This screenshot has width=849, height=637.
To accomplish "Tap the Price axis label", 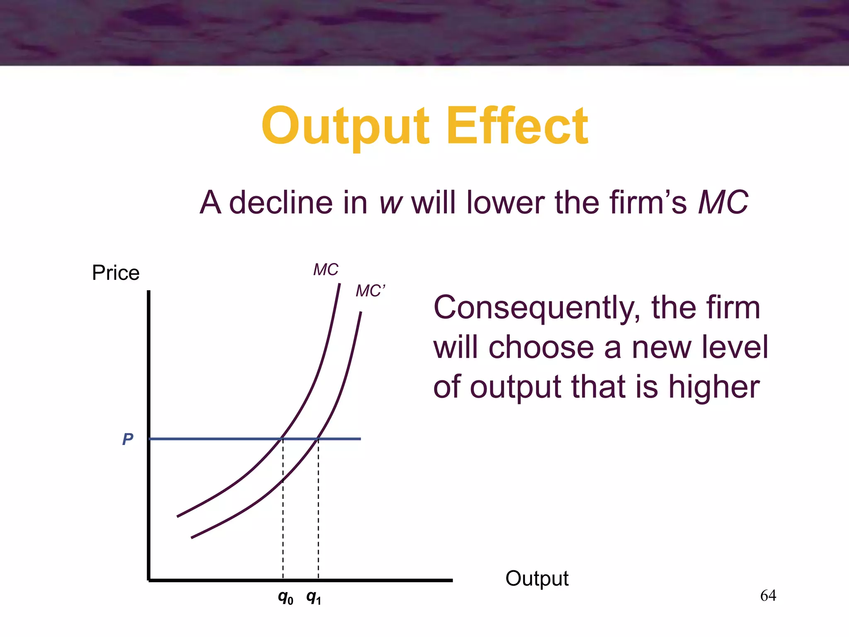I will (116, 273).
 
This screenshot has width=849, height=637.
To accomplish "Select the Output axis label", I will (537, 578).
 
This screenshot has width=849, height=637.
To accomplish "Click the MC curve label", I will (325, 270).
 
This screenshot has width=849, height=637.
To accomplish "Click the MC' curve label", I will (370, 291).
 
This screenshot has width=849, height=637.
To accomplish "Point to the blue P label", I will (128, 439).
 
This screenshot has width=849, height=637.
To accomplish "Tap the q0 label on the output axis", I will (285, 598).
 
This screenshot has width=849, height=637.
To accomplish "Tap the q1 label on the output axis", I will (313, 598).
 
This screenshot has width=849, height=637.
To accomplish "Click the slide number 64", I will (768, 596).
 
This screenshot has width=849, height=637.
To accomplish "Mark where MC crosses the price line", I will (282, 438).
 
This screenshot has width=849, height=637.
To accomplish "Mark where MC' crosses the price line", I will (318, 438).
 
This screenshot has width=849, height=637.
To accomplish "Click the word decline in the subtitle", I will (281, 203).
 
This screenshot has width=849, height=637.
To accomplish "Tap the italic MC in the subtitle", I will (723, 203).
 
